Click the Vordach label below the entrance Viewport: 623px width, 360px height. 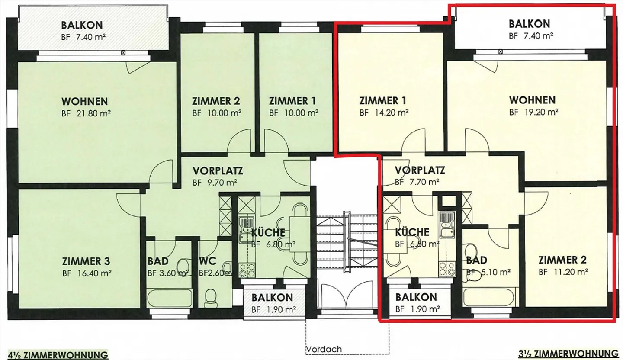(x=324, y=349)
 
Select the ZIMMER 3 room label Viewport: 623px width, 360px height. (x=86, y=261)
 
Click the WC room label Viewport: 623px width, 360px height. (x=207, y=261)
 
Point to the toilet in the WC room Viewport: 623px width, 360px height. (x=211, y=297)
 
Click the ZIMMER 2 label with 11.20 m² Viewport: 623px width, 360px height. (x=562, y=260)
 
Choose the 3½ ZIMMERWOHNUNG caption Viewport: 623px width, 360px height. (x=568, y=353)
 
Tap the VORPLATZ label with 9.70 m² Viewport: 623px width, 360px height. (x=218, y=170)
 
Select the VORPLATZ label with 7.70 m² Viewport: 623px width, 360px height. (x=420, y=170)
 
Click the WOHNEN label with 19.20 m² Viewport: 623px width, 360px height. (x=532, y=100)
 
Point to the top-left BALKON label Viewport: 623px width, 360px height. (x=82, y=25)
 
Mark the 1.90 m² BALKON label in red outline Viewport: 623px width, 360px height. (x=416, y=297)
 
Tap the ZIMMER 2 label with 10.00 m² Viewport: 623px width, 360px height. (x=216, y=101)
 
